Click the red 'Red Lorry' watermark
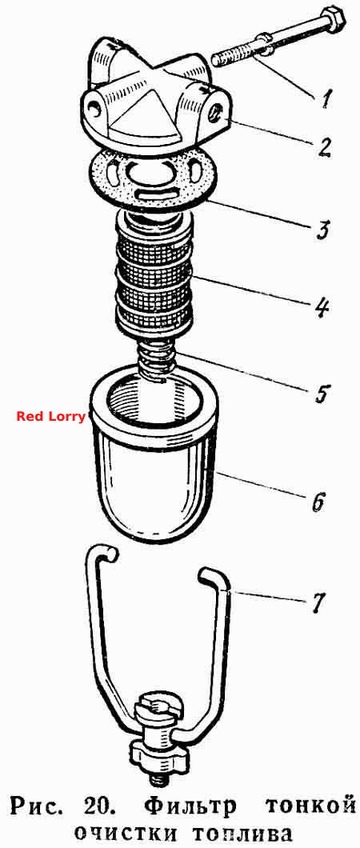click(x=50, y=417)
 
